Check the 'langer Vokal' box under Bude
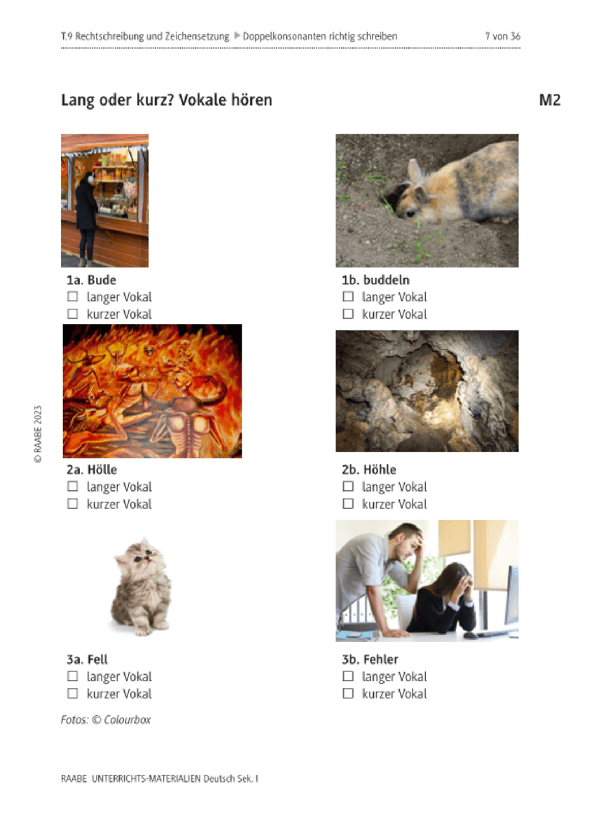click(72, 297)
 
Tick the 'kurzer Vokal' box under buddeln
click(348, 314)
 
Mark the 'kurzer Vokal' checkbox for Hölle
click(72, 503)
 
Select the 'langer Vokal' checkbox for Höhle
click(348, 486)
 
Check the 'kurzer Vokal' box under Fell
click(72, 694)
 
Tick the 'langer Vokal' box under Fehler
click(348, 676)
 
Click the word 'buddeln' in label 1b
click(386, 280)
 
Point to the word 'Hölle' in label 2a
click(102, 470)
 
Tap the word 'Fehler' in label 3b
click(380, 659)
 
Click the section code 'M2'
click(550, 100)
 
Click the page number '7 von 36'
click(502, 36)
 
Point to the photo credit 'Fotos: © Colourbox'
click(106, 720)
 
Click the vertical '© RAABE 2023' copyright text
click(38, 434)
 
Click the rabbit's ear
click(414, 171)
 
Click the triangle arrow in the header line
click(237, 36)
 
